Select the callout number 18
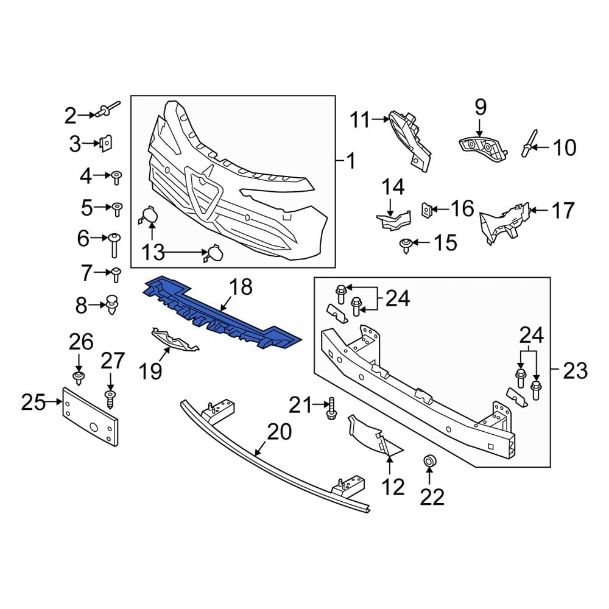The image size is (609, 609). [241, 286]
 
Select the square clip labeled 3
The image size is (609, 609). [106, 144]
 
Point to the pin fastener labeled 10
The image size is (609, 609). [529, 148]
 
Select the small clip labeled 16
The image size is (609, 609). [428, 210]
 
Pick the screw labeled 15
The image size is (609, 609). [404, 245]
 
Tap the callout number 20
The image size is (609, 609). [280, 433]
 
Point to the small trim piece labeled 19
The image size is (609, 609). [174, 341]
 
